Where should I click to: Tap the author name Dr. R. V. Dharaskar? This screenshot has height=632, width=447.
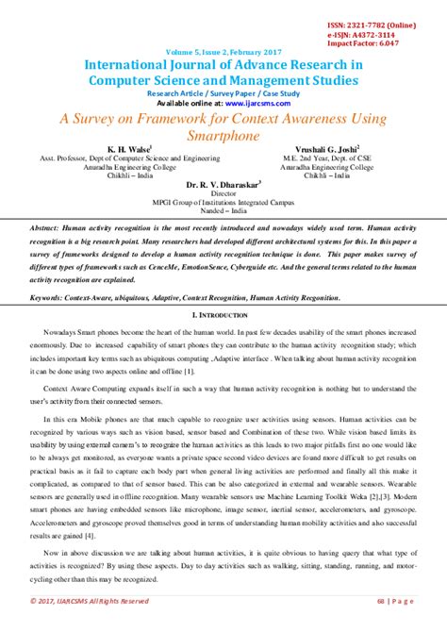tap(223, 184)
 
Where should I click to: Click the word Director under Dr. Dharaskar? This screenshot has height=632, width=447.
tap(223, 193)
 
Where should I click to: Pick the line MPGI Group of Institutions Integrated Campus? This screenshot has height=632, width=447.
tap(223, 203)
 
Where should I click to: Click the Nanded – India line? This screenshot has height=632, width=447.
tap(223, 211)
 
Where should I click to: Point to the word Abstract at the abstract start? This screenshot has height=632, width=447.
tap(45, 229)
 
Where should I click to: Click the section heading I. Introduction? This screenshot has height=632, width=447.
tap(223, 313)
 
